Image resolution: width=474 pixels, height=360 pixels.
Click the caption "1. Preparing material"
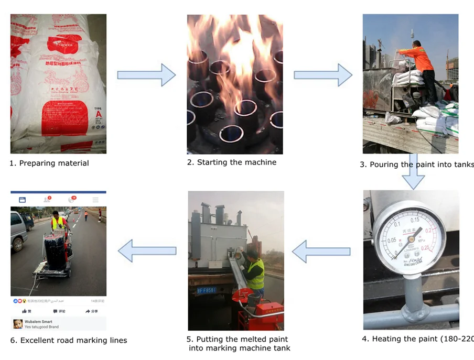pos(49,163)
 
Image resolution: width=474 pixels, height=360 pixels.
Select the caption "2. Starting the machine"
pos(232,162)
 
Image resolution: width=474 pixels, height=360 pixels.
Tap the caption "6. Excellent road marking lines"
pos(68,341)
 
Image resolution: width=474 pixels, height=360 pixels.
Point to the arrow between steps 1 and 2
pos(146,75)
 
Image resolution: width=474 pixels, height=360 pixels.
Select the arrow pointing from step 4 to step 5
pos(321,252)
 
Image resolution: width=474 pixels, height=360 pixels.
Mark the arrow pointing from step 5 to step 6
pos(147,251)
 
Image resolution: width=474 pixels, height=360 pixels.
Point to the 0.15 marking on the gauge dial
pos(415,220)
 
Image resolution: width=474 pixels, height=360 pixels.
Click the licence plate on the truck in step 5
pos(206,289)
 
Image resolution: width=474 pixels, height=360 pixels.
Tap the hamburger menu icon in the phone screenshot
pos(95,200)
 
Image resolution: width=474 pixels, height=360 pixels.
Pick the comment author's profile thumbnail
pos(18,324)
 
